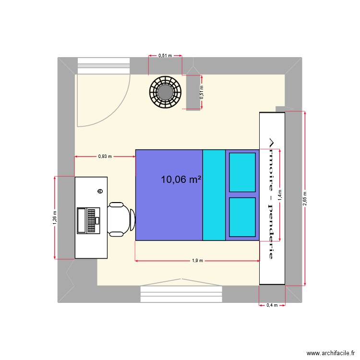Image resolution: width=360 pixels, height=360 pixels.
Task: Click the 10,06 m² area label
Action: (181, 180)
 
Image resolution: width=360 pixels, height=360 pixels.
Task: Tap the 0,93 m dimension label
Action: (105, 156)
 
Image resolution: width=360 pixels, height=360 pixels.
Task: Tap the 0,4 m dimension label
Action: (272, 305)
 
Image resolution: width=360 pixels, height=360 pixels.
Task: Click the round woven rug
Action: (165, 92)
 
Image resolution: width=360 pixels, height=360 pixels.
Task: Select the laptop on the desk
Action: (88, 220)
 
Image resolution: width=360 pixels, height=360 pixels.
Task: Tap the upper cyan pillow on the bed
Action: (242, 172)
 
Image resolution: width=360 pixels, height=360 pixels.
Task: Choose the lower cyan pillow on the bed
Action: (242, 217)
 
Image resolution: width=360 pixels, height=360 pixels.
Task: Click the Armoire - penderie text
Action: (271, 199)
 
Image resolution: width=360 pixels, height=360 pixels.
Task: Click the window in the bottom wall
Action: (181, 294)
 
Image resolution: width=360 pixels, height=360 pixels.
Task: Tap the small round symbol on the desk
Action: (100, 191)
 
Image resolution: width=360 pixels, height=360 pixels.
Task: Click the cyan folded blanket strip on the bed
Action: (214, 195)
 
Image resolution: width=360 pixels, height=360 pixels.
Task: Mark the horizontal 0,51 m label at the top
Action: (165, 56)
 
